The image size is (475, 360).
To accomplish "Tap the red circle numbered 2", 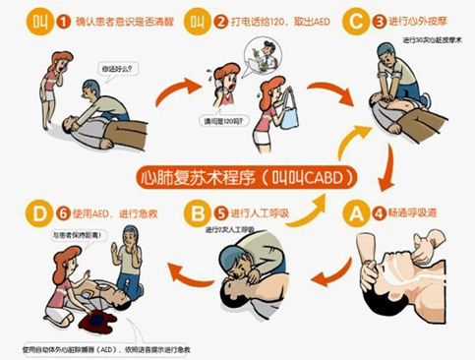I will pos(222,20).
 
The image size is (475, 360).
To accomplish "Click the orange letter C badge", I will pos(349,20).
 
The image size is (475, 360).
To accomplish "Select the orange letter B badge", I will pos(198,210).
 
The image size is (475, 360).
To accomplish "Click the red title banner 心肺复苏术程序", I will pos(237,178).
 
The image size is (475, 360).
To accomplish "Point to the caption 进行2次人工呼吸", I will pos(232,230).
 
